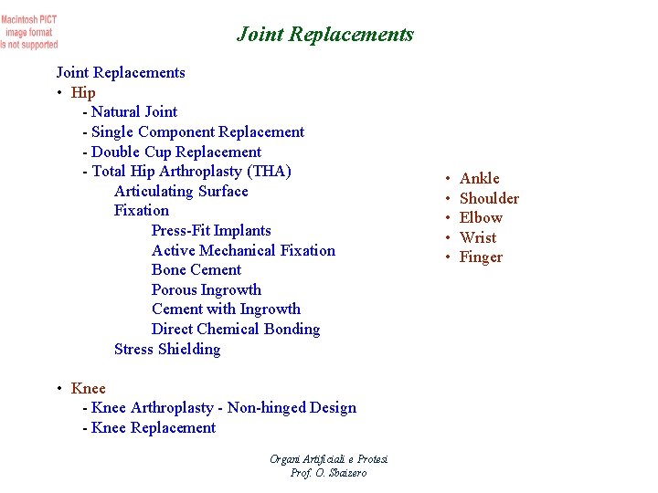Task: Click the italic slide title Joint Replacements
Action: coord(325,35)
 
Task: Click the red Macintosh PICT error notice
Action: coord(29,31)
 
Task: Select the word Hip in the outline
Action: coord(83,92)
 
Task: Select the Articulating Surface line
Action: coord(181,191)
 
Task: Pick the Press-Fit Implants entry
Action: coord(211,230)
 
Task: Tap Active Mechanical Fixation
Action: coord(243,250)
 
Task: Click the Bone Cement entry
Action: coord(196,269)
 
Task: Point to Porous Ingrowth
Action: coord(207,289)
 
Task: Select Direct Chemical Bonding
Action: coord(236,329)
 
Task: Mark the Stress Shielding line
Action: coord(167,349)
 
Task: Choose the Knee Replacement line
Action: coord(154,427)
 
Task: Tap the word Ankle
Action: coord(480,178)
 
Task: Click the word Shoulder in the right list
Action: coord(489,198)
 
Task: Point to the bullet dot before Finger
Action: coord(448,257)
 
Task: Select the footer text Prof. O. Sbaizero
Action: coord(328,473)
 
